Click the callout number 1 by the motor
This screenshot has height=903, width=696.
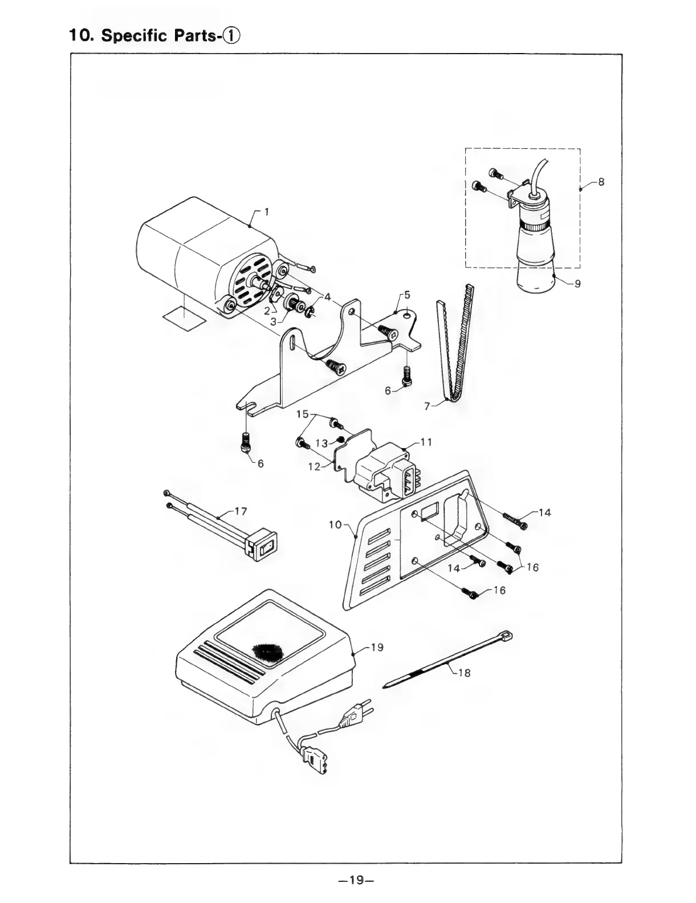click(266, 212)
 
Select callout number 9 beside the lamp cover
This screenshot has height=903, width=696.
click(577, 283)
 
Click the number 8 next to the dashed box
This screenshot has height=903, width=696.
click(601, 182)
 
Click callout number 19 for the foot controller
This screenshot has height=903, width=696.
click(377, 648)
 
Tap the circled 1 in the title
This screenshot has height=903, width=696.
click(233, 35)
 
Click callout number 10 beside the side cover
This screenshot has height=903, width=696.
click(335, 524)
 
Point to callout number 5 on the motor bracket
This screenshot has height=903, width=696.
click(406, 295)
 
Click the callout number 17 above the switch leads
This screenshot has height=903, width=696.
click(241, 511)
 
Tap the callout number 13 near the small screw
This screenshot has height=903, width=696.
click(321, 443)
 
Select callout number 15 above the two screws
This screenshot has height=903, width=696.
click(302, 413)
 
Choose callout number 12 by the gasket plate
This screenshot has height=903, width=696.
click(315, 466)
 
